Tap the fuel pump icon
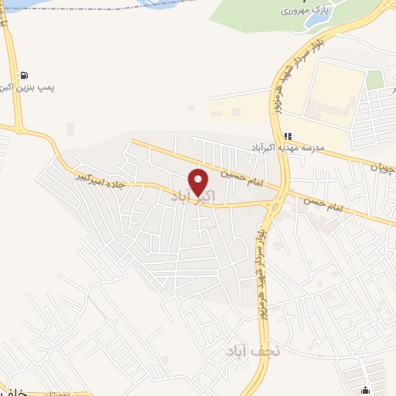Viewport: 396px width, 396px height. pyautogui.click(x=26, y=75)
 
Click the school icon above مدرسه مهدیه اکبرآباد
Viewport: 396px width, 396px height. pyautogui.click(x=288, y=135)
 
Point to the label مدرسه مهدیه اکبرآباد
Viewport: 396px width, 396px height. pyautogui.click(x=287, y=147)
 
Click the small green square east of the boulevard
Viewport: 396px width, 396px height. pyautogui.click(x=375, y=80)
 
